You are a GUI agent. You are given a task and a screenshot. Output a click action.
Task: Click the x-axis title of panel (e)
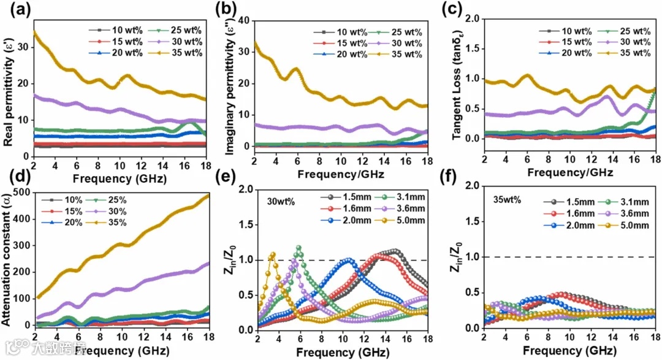pos(339,353)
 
